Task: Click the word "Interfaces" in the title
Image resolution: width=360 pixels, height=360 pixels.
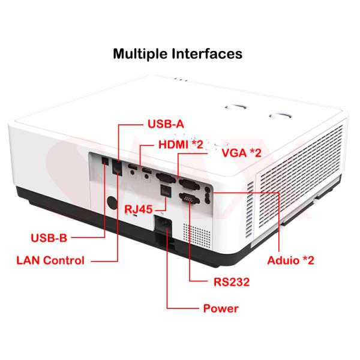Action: tap(207, 53)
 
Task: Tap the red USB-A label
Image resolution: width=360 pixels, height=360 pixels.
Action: tap(166, 124)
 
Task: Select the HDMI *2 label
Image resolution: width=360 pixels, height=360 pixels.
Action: tap(181, 145)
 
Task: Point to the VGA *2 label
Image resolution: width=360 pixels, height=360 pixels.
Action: tap(242, 153)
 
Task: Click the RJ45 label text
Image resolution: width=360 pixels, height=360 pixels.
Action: tap(138, 209)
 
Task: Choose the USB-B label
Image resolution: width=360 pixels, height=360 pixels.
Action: tap(49, 238)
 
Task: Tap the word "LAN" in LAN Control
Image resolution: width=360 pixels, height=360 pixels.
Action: tap(28, 260)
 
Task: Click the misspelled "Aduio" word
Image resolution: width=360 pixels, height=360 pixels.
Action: tap(283, 260)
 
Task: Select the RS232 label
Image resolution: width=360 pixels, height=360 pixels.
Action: tap(232, 282)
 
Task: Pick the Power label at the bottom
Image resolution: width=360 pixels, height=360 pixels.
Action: tap(221, 308)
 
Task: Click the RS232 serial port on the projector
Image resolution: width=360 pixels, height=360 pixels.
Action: tap(190, 198)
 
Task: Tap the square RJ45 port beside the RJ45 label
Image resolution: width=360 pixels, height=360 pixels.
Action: tap(166, 190)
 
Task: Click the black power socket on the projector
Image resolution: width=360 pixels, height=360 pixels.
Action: tap(163, 224)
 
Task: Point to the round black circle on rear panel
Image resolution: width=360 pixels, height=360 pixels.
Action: tap(113, 203)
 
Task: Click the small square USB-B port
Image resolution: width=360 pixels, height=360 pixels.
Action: tap(105, 161)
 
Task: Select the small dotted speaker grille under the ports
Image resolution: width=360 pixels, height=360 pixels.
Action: tap(197, 236)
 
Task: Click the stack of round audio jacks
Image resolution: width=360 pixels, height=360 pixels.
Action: tap(207, 195)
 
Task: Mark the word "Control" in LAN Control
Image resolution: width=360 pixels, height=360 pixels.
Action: tap(64, 260)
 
